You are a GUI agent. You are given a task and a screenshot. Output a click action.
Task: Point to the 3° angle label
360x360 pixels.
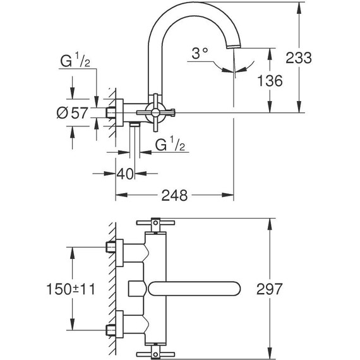click(x=200, y=55)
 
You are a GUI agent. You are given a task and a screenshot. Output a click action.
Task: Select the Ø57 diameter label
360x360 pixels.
click(x=71, y=114)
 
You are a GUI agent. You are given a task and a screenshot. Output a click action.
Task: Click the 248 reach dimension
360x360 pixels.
click(x=174, y=196)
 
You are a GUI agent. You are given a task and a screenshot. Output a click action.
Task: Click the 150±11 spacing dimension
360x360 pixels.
click(x=71, y=289)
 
